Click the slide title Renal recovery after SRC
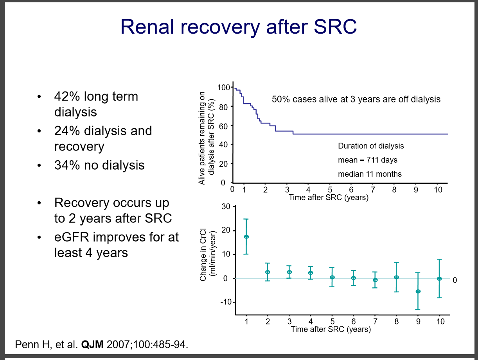[x=239, y=27]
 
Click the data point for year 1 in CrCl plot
[x=246, y=236]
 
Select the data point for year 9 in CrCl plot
[x=418, y=291]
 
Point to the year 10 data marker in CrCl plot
[x=439, y=278]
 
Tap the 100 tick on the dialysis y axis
[x=223, y=87]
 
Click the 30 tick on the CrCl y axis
[x=226, y=206]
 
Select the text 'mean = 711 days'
[x=368, y=160]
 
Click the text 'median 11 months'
[x=370, y=174]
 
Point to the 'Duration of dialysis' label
[x=371, y=146]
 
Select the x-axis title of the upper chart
[x=329, y=197]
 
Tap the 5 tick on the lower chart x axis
[x=332, y=322]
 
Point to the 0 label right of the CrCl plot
[x=455, y=280]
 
